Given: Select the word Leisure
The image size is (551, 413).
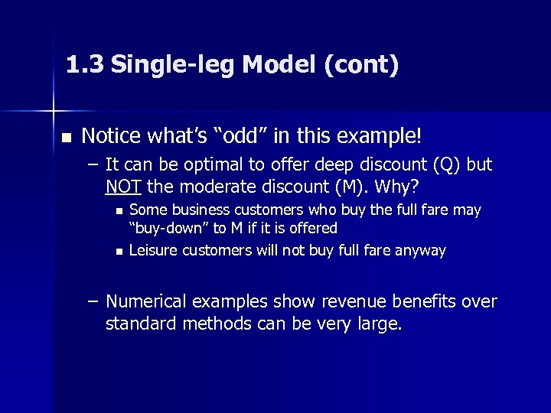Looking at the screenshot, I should coord(153,250).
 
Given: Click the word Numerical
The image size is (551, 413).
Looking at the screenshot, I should coord(145,302).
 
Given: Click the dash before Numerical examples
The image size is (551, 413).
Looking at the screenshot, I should coord(93,302).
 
